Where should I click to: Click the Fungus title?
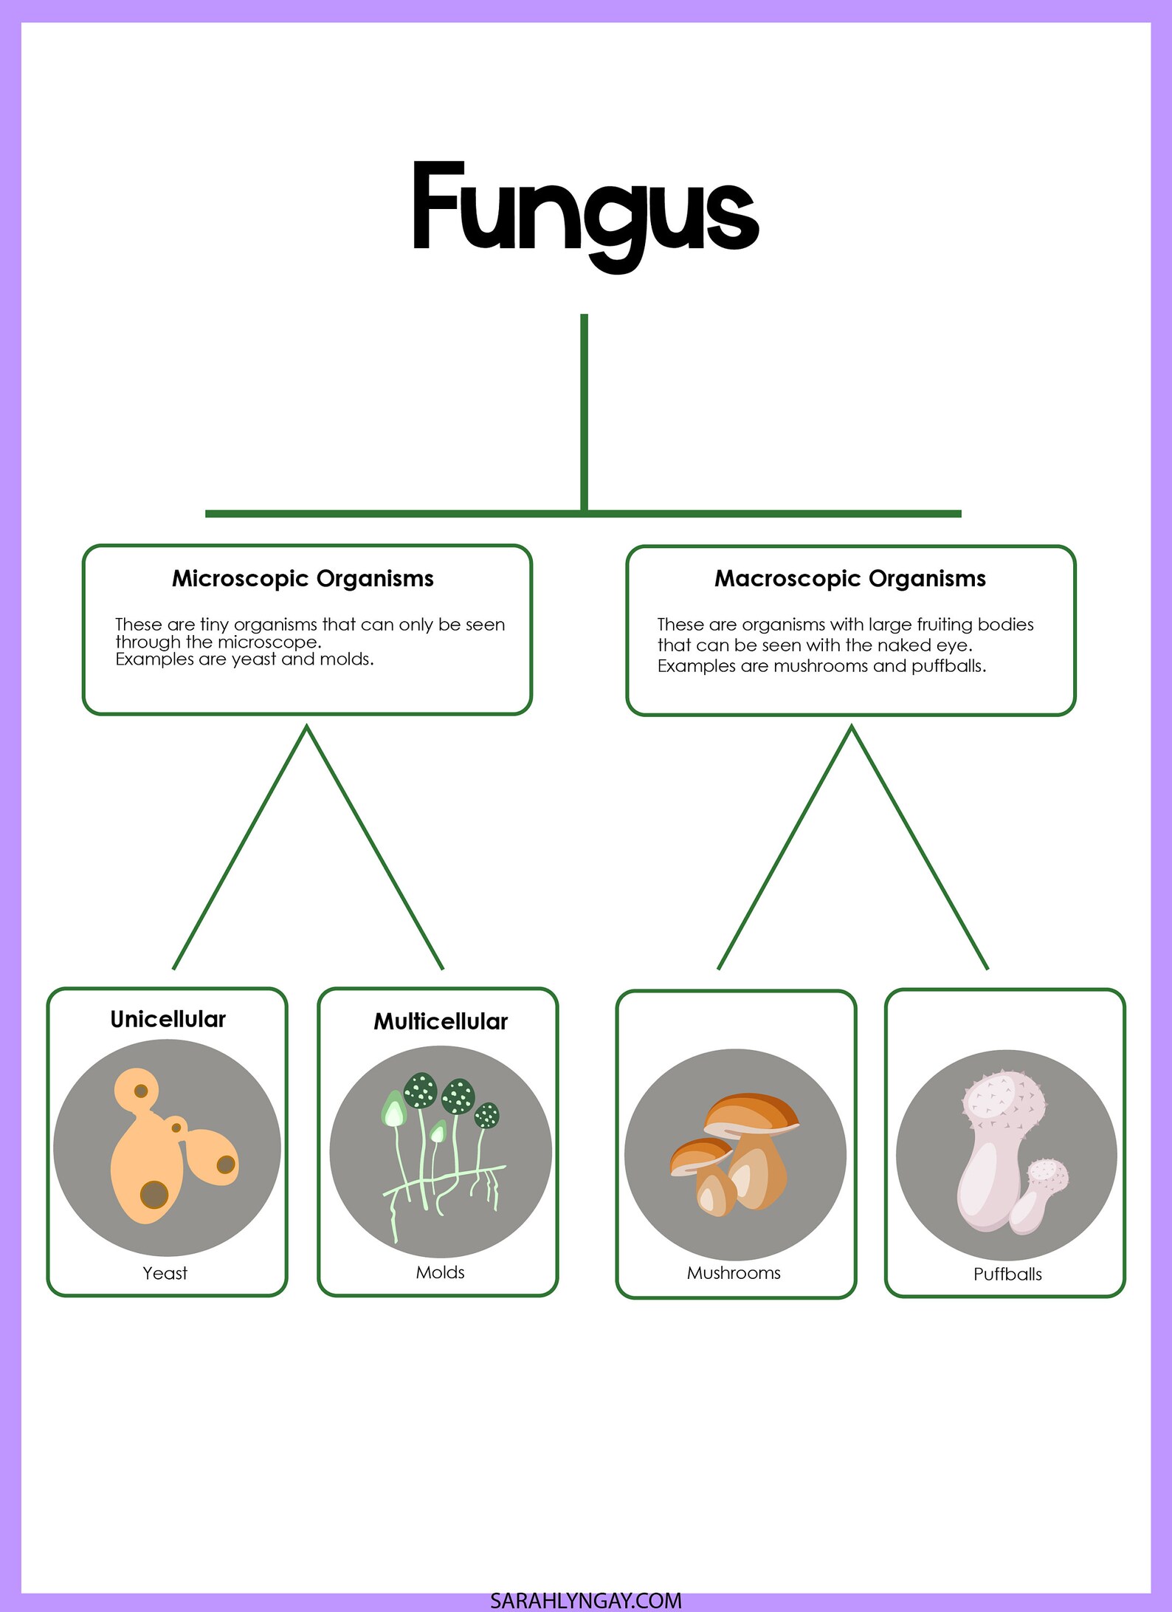click(585, 210)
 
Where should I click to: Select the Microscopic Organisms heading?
click(303, 578)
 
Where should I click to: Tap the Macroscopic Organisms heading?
click(849, 578)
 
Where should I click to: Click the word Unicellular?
click(168, 1019)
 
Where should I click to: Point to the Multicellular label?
click(441, 1021)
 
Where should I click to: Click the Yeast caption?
click(165, 1273)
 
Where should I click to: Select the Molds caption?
click(440, 1272)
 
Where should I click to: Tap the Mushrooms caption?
click(734, 1273)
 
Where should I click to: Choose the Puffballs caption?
click(1007, 1274)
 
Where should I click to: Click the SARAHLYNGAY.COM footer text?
click(585, 1600)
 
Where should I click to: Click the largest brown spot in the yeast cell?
click(154, 1194)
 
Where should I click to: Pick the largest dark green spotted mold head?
click(421, 1090)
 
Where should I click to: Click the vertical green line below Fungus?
click(584, 410)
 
